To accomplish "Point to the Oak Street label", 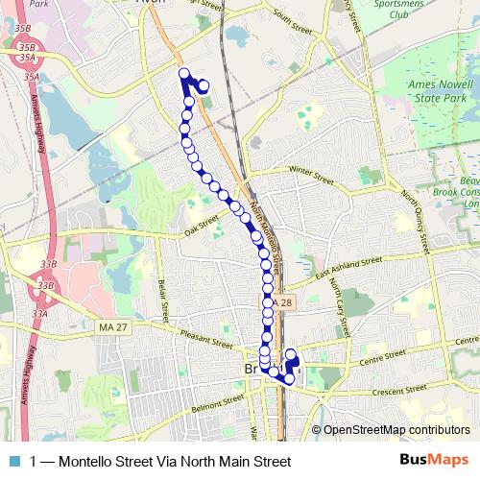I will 203,229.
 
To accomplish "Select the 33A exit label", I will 39,313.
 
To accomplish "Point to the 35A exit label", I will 32,74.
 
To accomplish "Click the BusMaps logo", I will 433,462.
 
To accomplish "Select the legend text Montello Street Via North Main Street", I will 159,462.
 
